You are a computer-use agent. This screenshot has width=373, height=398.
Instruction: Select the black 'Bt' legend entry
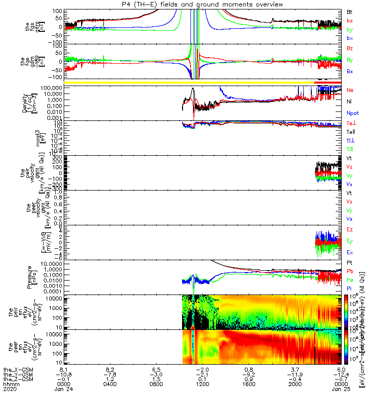(x=350, y=11)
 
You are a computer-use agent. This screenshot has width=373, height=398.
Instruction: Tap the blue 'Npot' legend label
(x=352, y=113)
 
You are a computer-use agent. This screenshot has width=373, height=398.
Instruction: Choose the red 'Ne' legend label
(x=350, y=91)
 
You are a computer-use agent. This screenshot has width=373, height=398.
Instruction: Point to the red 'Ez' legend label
(x=350, y=229)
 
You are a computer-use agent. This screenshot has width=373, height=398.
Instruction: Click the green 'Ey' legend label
(x=350, y=241)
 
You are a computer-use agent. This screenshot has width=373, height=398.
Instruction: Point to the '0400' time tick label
(x=110, y=384)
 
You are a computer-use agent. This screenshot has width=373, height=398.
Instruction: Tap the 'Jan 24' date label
(x=64, y=390)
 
